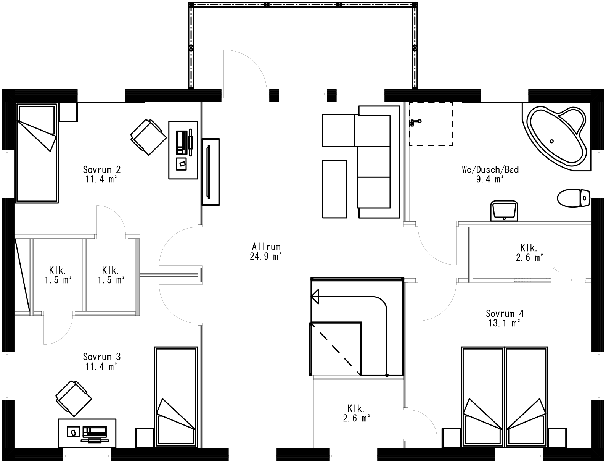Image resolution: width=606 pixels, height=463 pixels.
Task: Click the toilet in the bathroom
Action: point(573,198)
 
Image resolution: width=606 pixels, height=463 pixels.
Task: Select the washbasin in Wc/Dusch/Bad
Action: point(504,211)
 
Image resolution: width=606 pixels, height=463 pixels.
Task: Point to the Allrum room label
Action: point(266,247)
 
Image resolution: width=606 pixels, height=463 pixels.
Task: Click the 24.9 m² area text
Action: point(266,256)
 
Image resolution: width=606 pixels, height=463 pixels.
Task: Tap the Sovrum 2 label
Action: point(101,169)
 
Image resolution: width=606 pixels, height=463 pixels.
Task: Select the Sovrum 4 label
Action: point(504,314)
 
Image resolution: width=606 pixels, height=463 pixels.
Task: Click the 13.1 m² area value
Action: point(504,323)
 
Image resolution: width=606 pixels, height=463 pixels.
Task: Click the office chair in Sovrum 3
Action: point(74,398)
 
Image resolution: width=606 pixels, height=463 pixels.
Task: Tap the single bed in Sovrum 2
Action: point(37,153)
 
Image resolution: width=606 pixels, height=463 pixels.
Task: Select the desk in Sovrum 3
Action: point(87,433)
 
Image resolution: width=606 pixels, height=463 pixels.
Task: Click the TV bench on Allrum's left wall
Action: point(211,172)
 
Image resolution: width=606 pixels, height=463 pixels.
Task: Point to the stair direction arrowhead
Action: point(315,296)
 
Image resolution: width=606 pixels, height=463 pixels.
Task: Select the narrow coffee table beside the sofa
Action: point(335,189)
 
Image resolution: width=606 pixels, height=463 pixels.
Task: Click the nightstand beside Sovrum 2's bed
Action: point(69,112)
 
